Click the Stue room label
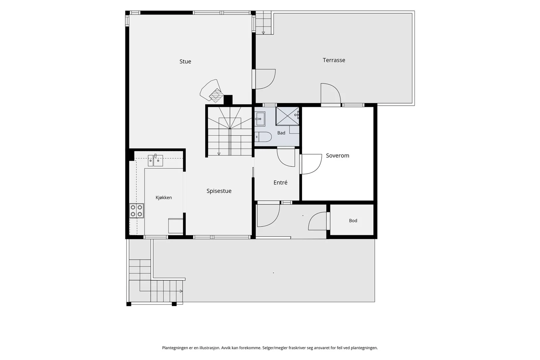[x=185, y=61]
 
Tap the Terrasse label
[x=334, y=60]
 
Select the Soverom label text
[x=337, y=156]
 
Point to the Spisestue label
[x=219, y=191]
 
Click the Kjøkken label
[x=164, y=198]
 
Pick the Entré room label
[x=280, y=183]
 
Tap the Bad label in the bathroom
[x=281, y=133]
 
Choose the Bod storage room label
[x=353, y=220]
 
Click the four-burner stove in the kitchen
[x=136, y=211]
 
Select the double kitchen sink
[x=155, y=161]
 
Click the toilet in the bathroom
[x=263, y=137]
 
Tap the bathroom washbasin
[x=260, y=119]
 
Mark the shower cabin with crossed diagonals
[x=288, y=116]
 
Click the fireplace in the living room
[x=211, y=90]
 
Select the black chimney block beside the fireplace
[x=228, y=100]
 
